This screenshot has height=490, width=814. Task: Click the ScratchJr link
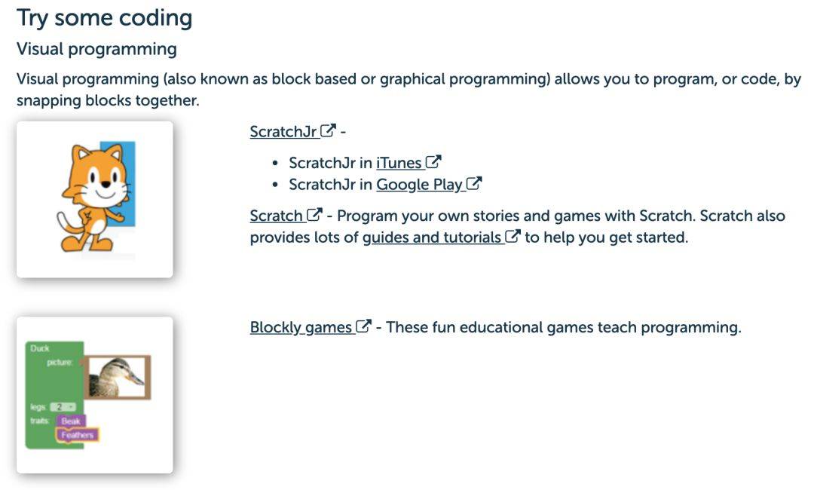283,131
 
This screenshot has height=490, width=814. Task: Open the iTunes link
399,163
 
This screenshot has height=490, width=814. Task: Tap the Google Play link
420,185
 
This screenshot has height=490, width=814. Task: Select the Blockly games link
301,327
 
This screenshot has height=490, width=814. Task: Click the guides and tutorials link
431,237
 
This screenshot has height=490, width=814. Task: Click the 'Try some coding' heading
104,18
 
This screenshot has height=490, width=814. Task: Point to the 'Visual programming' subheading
96,49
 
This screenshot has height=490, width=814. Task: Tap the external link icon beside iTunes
433,162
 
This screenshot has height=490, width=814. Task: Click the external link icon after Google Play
474,183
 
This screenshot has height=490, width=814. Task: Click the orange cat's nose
106,183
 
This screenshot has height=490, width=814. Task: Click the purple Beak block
71,421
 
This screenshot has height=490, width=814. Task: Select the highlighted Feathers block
78,435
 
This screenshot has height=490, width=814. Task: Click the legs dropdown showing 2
63,407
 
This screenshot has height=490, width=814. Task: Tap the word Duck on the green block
39,348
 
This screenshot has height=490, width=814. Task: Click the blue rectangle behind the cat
124,182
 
